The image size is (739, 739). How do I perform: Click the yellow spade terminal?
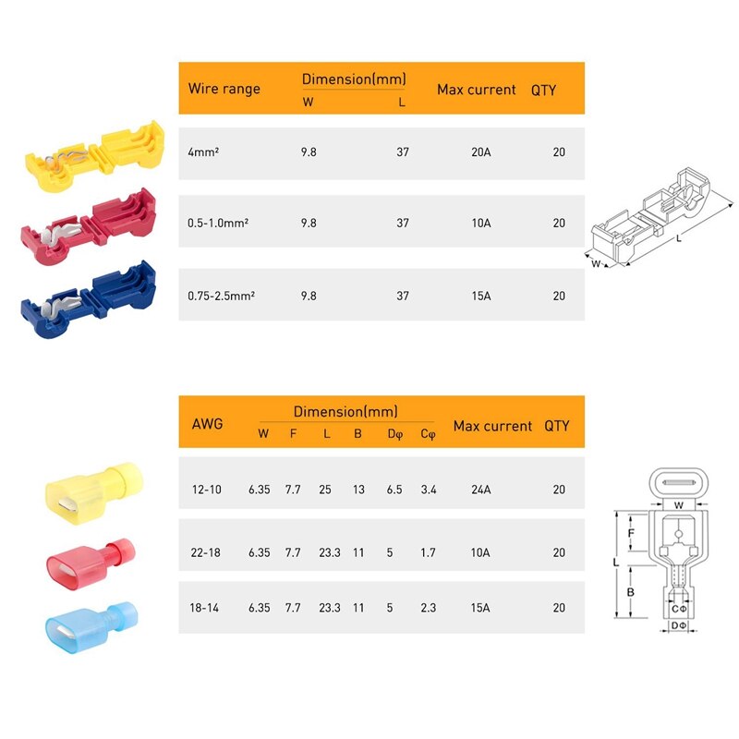point(89,489)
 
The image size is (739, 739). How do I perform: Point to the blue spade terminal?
point(89,624)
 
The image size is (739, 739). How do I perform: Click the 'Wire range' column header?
point(224,90)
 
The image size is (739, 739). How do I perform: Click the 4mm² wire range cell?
point(203,151)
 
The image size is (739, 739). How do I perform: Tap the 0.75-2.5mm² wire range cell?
point(221,296)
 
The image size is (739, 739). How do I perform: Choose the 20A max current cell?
point(480,151)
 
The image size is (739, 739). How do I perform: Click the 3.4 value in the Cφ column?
point(428,490)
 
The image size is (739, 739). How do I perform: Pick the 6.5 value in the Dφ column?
point(393,490)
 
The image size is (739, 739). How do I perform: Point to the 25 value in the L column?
point(326,490)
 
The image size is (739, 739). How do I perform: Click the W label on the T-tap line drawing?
point(596,264)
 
